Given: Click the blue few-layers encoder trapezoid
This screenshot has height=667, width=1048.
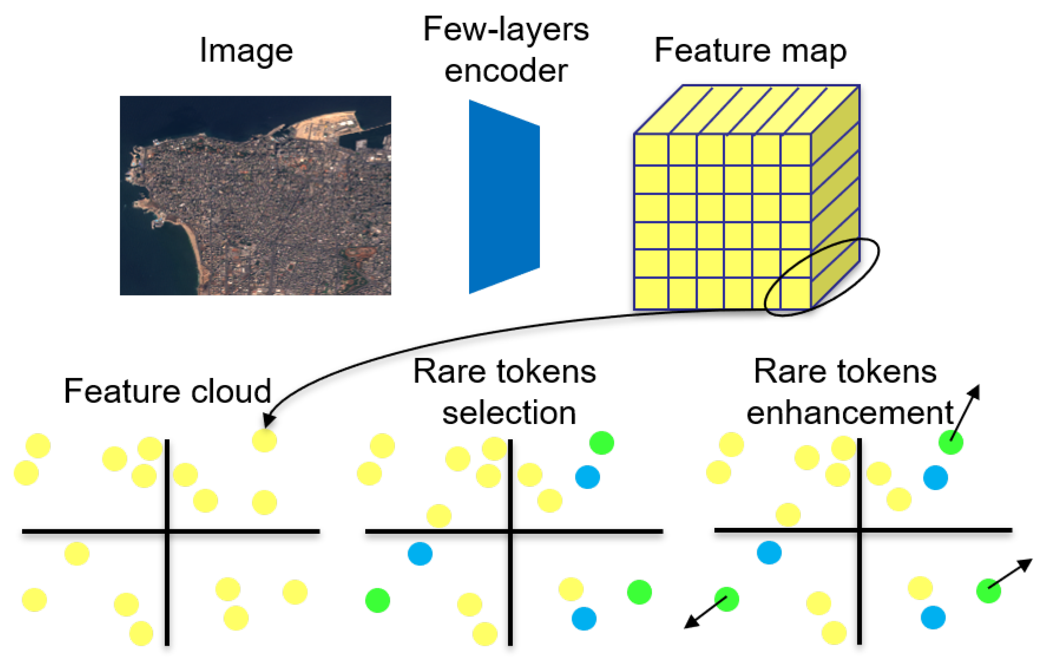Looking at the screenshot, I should (x=504, y=197).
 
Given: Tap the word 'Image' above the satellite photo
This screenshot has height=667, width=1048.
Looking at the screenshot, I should (x=246, y=51).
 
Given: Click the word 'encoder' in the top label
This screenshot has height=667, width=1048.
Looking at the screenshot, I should (x=506, y=71).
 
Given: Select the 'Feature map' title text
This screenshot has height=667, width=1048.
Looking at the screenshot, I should (x=750, y=51).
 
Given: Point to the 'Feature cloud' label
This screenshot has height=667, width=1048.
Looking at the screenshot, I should (x=167, y=391).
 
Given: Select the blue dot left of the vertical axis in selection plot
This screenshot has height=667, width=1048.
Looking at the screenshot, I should (x=420, y=553).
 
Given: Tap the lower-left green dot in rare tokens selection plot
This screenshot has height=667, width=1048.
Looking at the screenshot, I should (x=377, y=600).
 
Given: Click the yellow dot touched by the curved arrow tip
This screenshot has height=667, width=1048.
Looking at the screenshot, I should (x=264, y=440).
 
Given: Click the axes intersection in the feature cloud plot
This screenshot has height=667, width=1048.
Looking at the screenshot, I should (x=167, y=531).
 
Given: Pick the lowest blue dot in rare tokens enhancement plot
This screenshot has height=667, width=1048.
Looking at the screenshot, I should (x=933, y=617).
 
